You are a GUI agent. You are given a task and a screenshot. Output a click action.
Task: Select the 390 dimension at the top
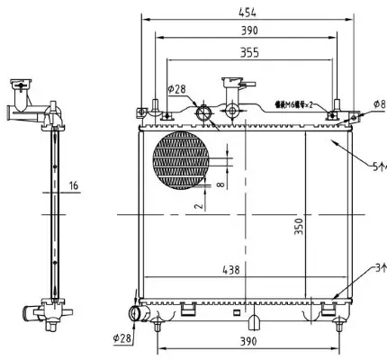(250, 31)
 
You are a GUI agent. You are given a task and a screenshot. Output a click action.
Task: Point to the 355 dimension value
(248, 53)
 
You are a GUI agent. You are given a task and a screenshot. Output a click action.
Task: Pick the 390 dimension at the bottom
(248, 342)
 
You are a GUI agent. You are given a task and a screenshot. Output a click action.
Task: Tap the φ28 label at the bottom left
(122, 339)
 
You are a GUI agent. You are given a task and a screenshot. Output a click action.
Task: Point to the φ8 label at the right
(378, 103)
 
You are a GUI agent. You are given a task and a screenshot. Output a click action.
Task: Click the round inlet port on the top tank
(203, 112)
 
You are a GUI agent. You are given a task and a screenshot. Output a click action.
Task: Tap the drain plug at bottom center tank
(254, 320)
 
